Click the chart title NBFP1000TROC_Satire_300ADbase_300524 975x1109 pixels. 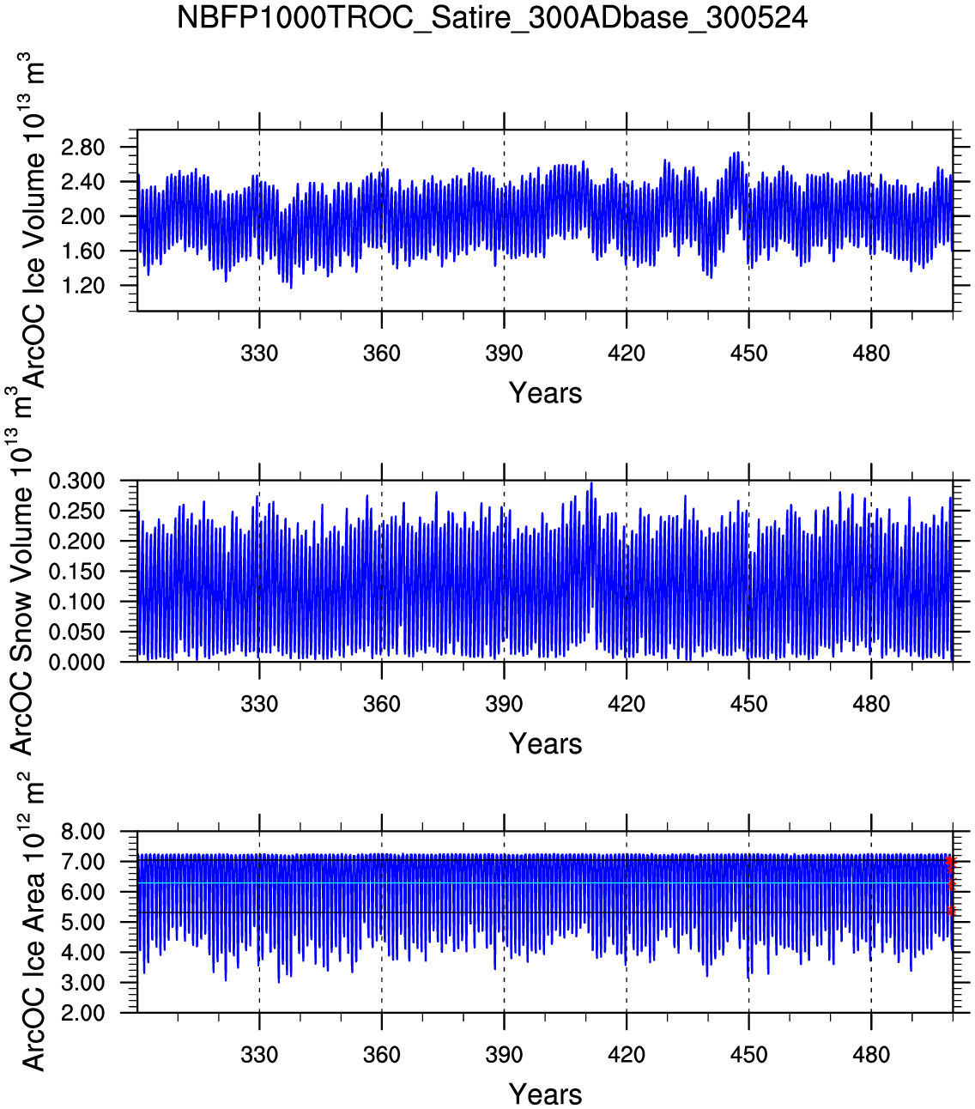[492, 17]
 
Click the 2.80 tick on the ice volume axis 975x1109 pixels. [83, 148]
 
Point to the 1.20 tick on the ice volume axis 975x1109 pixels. [83, 286]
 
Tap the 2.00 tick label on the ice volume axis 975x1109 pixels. [83, 216]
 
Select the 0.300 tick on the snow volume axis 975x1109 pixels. [76, 481]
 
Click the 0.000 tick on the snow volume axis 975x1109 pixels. [76, 662]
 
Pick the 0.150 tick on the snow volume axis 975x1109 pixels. [76, 572]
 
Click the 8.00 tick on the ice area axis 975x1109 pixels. [83, 832]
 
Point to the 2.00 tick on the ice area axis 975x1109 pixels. [83, 1013]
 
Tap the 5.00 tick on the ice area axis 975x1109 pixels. [83, 922]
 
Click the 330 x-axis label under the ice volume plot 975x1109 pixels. [259, 354]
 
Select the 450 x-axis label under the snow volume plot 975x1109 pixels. [748, 705]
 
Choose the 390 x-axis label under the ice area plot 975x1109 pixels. [504, 1055]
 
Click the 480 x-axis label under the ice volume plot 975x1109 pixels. [871, 354]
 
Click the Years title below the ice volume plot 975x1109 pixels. [545, 393]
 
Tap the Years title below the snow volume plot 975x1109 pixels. [545, 744]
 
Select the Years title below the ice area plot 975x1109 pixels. [545, 1094]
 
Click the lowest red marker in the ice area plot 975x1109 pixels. [951, 911]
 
